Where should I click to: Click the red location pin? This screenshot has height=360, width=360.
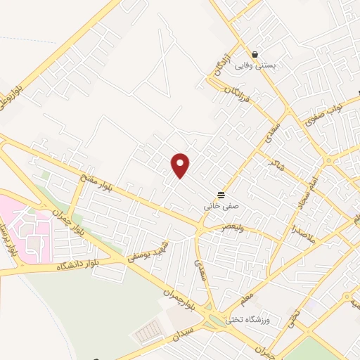click(x=181, y=165)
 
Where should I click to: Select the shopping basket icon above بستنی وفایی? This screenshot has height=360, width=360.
click(x=255, y=54)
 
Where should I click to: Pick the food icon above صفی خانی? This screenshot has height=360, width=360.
click(x=221, y=195)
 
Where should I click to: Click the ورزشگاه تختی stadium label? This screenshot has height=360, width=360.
click(x=247, y=320)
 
